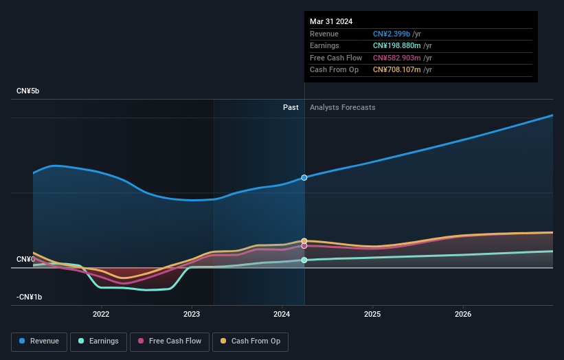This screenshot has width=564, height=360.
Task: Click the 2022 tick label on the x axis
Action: click(x=101, y=315)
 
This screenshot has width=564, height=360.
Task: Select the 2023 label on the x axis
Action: click(x=192, y=315)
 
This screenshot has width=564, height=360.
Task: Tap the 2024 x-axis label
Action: click(x=282, y=315)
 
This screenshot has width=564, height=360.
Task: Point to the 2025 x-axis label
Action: click(x=372, y=315)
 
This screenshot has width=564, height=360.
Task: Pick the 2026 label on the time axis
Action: click(x=463, y=315)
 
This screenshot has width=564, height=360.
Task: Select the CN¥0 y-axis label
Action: click(x=26, y=259)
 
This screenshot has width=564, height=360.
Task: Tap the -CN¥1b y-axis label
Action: click(x=30, y=297)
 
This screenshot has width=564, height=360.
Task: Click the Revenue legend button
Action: click(x=39, y=341)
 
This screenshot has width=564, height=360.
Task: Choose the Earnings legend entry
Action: click(x=98, y=341)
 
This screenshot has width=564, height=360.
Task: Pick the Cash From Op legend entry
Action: click(x=250, y=341)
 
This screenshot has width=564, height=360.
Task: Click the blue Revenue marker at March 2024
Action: click(x=304, y=177)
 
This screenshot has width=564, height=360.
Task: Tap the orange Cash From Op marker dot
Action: click(x=304, y=241)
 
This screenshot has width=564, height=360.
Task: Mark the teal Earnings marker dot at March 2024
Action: click(x=304, y=260)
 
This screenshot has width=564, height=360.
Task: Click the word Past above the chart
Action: click(x=291, y=107)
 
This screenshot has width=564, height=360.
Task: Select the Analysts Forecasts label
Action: click(x=343, y=107)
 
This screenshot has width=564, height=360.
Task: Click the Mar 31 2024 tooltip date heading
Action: click(x=331, y=21)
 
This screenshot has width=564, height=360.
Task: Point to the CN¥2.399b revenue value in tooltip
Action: click(x=392, y=34)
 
